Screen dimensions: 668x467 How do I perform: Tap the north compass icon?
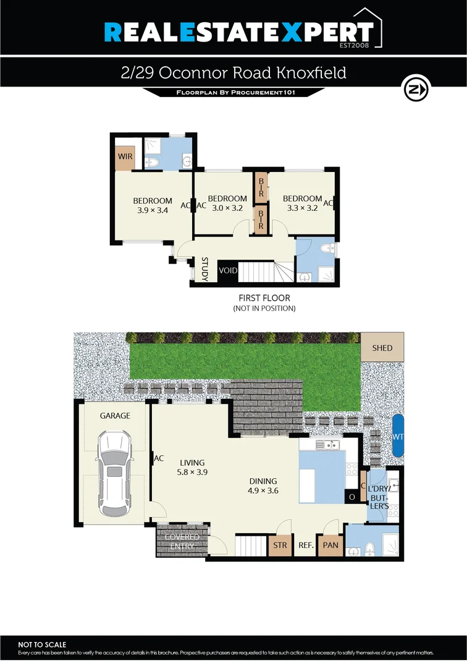416,90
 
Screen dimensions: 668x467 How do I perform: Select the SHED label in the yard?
382,348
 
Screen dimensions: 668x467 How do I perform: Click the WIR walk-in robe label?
125,157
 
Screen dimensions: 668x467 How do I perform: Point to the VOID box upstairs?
228,271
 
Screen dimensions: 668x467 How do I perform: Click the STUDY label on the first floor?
205,270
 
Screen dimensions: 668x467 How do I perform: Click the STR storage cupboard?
280,546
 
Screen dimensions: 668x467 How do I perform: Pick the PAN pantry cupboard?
330,546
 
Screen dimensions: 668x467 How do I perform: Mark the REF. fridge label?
306,546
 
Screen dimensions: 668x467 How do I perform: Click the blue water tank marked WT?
398,436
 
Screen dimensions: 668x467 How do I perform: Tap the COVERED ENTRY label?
182,542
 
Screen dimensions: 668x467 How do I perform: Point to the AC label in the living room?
159,458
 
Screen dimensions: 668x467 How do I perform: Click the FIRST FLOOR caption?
264,298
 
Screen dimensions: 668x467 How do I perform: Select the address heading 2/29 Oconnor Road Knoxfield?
233,73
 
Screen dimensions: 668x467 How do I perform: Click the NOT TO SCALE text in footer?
42,644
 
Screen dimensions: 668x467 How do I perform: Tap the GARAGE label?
116,416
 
